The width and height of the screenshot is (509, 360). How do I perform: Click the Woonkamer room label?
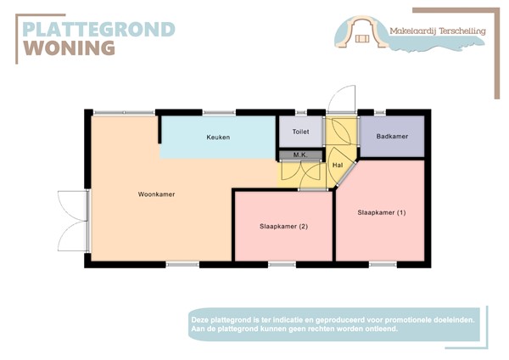[x=156, y=194]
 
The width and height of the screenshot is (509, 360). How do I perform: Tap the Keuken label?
[x=218, y=138]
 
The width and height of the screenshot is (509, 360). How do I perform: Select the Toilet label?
[x=300, y=132]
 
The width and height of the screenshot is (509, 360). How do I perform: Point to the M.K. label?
[x=299, y=155]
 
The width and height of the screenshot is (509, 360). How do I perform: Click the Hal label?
[x=337, y=165]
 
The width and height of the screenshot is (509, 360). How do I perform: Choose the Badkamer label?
[x=392, y=137]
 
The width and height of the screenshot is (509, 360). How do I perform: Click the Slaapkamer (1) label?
[x=382, y=212]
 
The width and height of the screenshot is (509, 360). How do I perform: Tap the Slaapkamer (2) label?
[x=283, y=226]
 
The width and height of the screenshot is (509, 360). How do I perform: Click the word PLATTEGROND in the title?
[x=98, y=29]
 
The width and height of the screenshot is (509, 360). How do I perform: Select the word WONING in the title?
[x=69, y=48]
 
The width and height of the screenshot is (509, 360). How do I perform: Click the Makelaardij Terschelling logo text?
[x=437, y=31]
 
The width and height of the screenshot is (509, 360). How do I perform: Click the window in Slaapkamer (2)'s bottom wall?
[x=282, y=264]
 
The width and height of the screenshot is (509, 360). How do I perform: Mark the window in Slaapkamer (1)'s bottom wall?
[x=383, y=264]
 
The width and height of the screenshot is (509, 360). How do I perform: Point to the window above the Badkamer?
[x=380, y=112]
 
